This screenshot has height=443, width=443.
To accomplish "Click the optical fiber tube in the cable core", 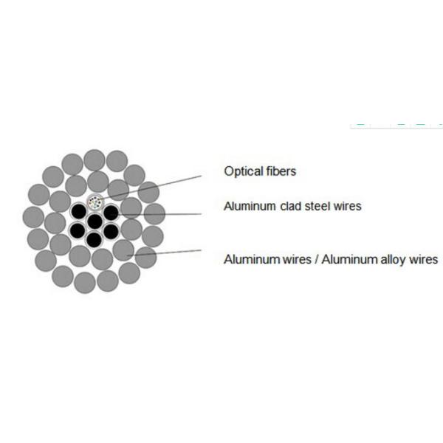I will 95,202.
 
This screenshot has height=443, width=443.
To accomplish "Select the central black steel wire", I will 95,221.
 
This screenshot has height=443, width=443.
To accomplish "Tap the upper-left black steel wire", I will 79,212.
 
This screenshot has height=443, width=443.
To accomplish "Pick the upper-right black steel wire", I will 111,212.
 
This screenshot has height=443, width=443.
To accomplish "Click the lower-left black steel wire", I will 79,230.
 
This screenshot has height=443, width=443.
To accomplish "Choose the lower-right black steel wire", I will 111,230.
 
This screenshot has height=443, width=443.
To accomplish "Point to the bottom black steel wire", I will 95,239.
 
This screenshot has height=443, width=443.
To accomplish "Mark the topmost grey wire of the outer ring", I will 95,159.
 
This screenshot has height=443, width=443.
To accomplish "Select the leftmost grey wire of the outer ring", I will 33,216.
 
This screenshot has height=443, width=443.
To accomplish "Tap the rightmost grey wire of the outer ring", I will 154,214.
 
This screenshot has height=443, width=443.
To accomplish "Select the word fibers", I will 281,172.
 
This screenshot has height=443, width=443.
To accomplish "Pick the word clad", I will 291,206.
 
